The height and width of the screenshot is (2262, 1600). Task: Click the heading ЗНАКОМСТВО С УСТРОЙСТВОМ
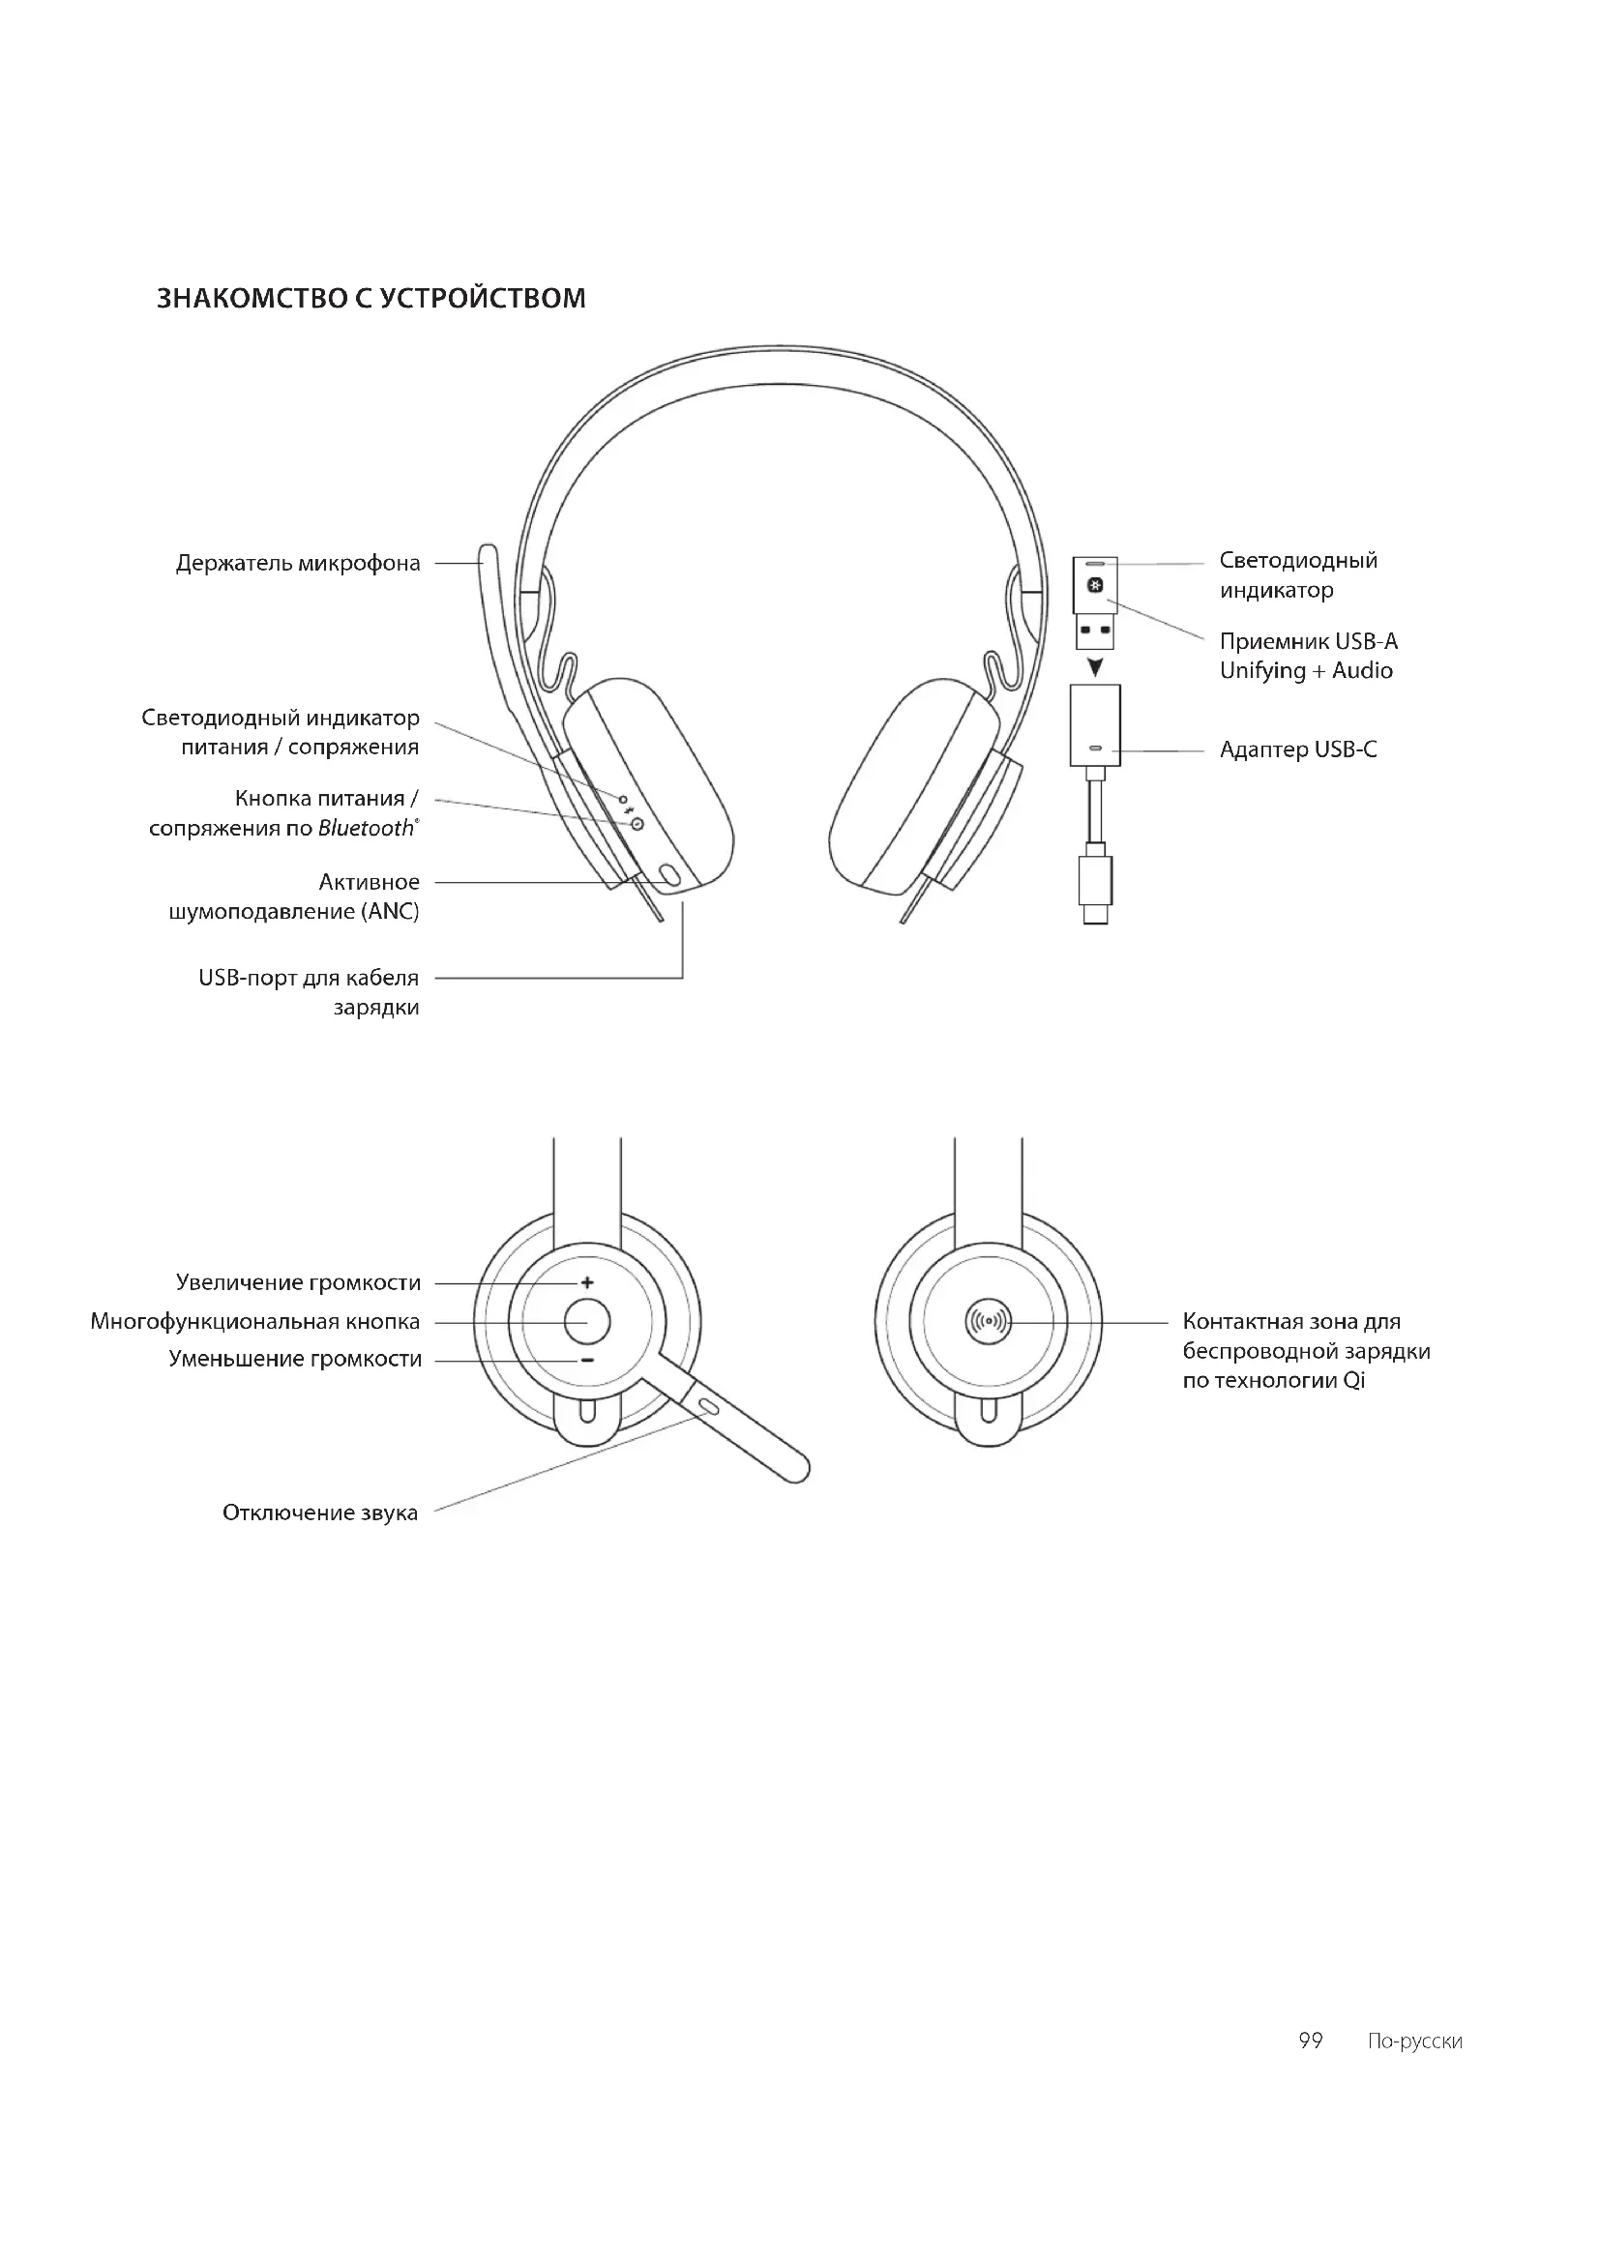coord(371,298)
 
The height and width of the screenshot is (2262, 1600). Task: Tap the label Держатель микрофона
coord(298,564)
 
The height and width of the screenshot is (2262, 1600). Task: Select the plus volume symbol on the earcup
coord(587,1282)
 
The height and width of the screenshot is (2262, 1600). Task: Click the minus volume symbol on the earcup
coord(587,1361)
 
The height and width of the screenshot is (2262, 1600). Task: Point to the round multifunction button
coord(587,1321)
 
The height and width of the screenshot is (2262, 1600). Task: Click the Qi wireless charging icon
coord(990,1321)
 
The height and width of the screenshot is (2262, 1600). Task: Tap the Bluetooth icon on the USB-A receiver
coord(1094,587)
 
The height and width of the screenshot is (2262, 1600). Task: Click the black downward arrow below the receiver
coord(1095,667)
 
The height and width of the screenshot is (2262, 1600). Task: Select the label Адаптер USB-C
coord(1297,750)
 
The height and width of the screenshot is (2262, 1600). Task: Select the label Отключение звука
coord(320,1513)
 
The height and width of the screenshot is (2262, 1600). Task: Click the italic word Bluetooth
coord(366,829)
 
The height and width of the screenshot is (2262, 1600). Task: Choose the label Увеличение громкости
coord(298,1282)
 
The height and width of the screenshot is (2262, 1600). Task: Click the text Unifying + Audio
coord(1305,671)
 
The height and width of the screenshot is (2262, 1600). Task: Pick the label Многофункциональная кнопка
coord(255,1322)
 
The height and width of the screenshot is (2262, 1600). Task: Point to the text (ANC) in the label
coord(393,912)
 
